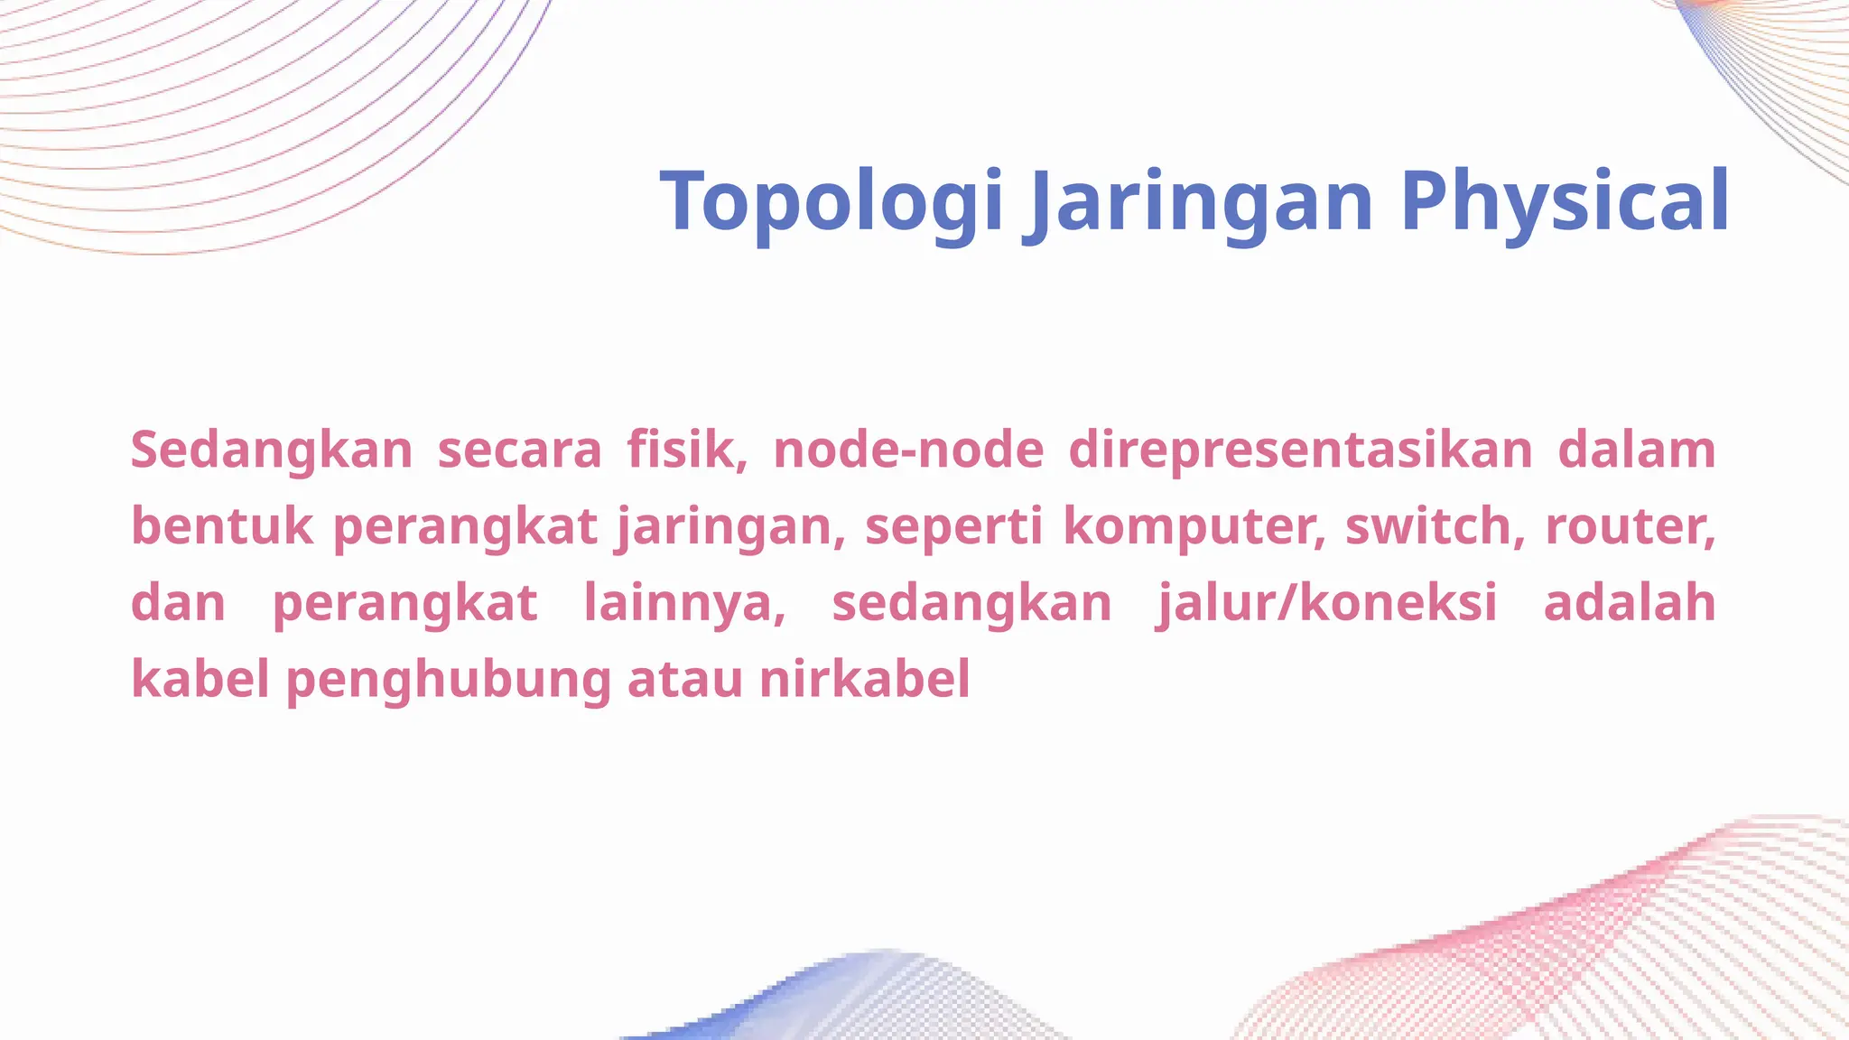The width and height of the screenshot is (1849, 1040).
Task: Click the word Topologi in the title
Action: (x=832, y=202)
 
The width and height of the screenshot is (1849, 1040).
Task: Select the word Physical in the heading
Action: (x=1565, y=202)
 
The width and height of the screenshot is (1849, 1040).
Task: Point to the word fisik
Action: (x=687, y=450)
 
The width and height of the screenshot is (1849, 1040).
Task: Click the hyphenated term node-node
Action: (x=908, y=450)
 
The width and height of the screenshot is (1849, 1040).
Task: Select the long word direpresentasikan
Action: (x=1300, y=450)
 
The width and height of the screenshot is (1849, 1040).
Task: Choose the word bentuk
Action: (x=221, y=525)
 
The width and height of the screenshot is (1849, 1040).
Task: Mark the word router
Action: (x=1630, y=525)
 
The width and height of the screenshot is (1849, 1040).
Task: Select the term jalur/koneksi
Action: (x=1327, y=603)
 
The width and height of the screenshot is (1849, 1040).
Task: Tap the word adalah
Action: (x=1630, y=603)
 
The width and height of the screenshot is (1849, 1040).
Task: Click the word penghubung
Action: (x=449, y=680)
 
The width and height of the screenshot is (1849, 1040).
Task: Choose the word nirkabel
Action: (x=864, y=680)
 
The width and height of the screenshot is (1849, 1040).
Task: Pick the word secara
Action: (x=519, y=450)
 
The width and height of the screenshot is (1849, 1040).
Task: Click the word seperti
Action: (x=953, y=525)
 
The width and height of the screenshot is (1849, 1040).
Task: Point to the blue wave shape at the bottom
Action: (x=813, y=1002)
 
